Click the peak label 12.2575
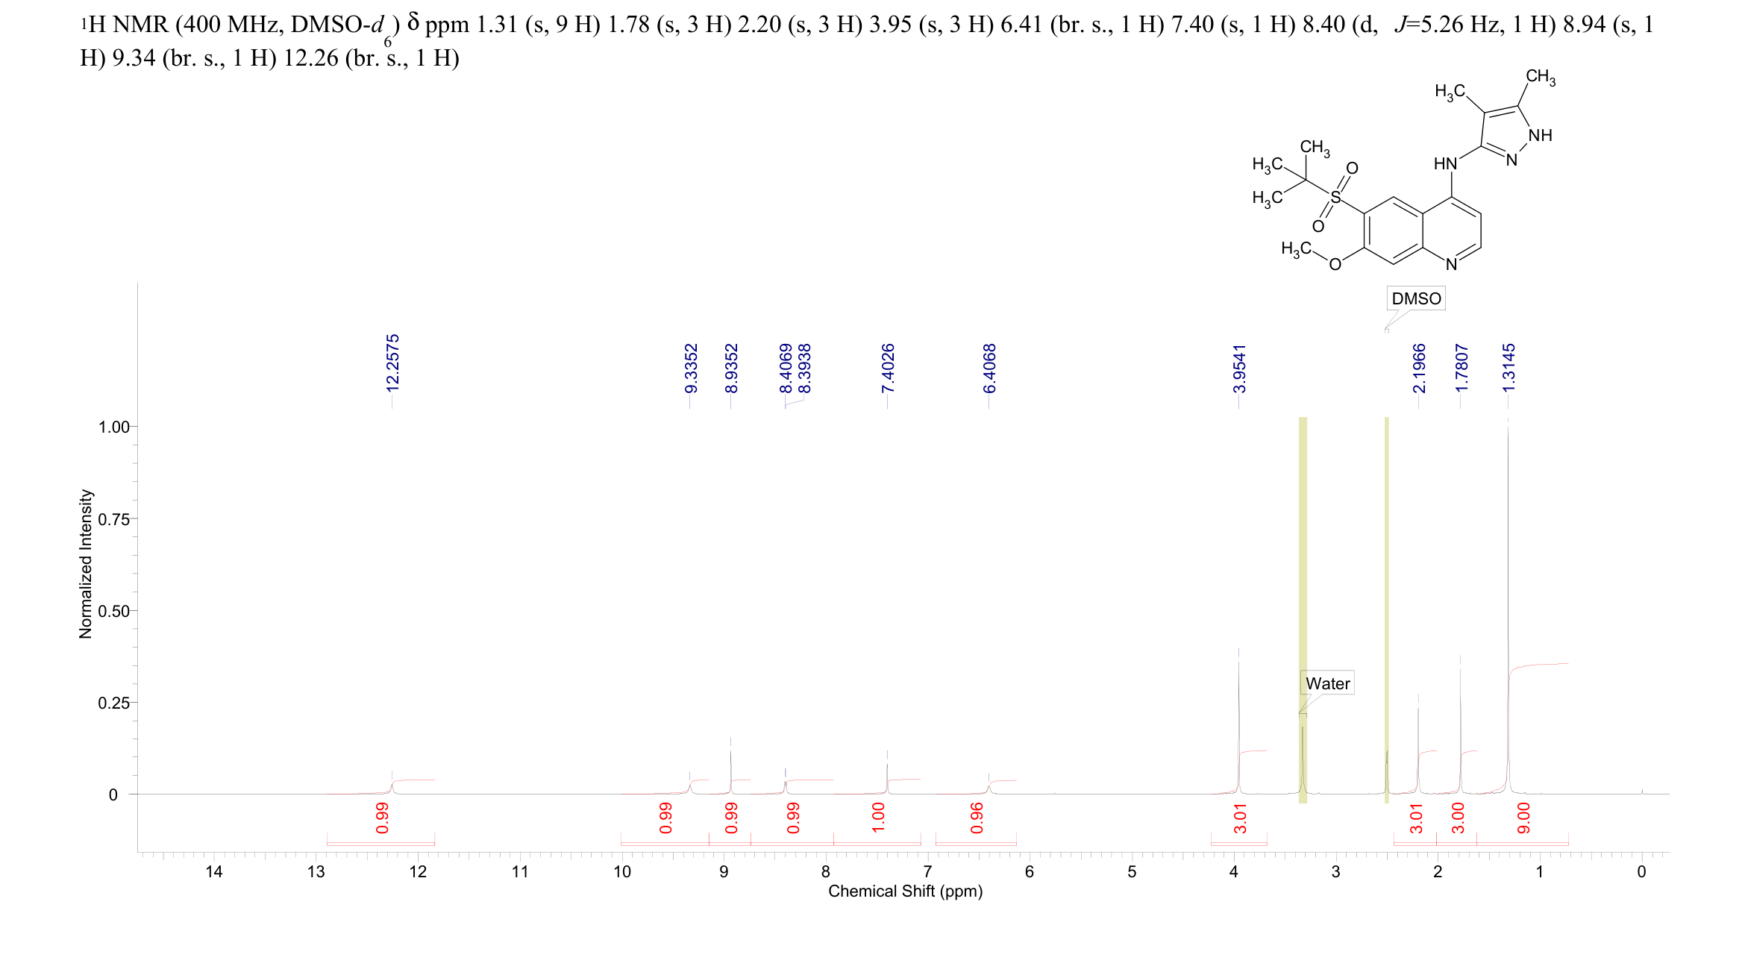tap(392, 363)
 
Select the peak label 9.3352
tap(691, 368)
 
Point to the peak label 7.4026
tap(888, 368)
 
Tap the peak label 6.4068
tap(989, 368)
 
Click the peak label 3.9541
tap(1239, 368)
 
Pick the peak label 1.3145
tap(1509, 368)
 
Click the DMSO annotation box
tap(1416, 298)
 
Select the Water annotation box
tap(1327, 683)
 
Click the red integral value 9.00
tap(1523, 818)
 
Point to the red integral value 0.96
tap(977, 818)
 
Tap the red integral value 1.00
tap(878, 818)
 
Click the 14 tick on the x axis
tap(214, 872)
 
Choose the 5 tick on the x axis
tap(1132, 872)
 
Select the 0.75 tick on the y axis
tap(113, 519)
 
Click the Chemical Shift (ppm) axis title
tap(905, 891)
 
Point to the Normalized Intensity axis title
tap(86, 564)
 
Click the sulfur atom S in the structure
tap(1335, 198)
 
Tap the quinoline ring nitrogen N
tap(1451, 264)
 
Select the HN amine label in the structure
tap(1445, 163)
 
